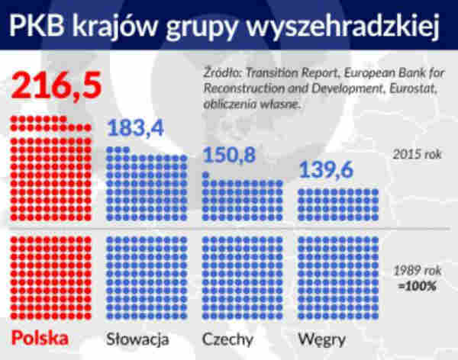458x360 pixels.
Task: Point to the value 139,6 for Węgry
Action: coord(326,172)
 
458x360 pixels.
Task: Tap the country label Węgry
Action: coord(322,337)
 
